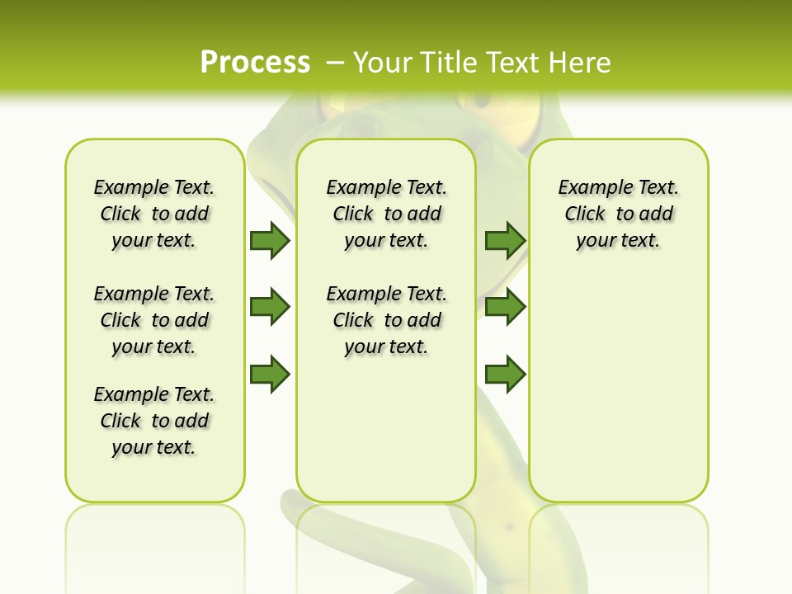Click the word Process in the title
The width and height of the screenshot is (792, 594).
[x=255, y=62]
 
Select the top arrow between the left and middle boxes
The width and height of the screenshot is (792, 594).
[x=270, y=240]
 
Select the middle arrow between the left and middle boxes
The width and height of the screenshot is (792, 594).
[x=270, y=307]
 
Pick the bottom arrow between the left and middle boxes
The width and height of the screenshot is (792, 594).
[x=270, y=375]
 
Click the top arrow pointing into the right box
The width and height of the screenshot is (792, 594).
[x=505, y=240]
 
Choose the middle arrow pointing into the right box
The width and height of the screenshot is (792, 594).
[x=505, y=307]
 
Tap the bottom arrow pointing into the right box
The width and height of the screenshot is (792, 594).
[x=505, y=375]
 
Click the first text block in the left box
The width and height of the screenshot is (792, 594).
[x=154, y=214]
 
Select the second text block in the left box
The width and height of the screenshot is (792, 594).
[x=154, y=320]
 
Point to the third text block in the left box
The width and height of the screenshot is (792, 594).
[x=154, y=421]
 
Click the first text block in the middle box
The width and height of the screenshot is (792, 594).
[x=386, y=214]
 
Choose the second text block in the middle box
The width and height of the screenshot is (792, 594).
[x=386, y=320]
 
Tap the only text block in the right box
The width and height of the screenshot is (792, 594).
[x=618, y=214]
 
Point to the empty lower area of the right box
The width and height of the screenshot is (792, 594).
[x=618, y=388]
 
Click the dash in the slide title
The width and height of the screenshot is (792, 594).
[x=335, y=62]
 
